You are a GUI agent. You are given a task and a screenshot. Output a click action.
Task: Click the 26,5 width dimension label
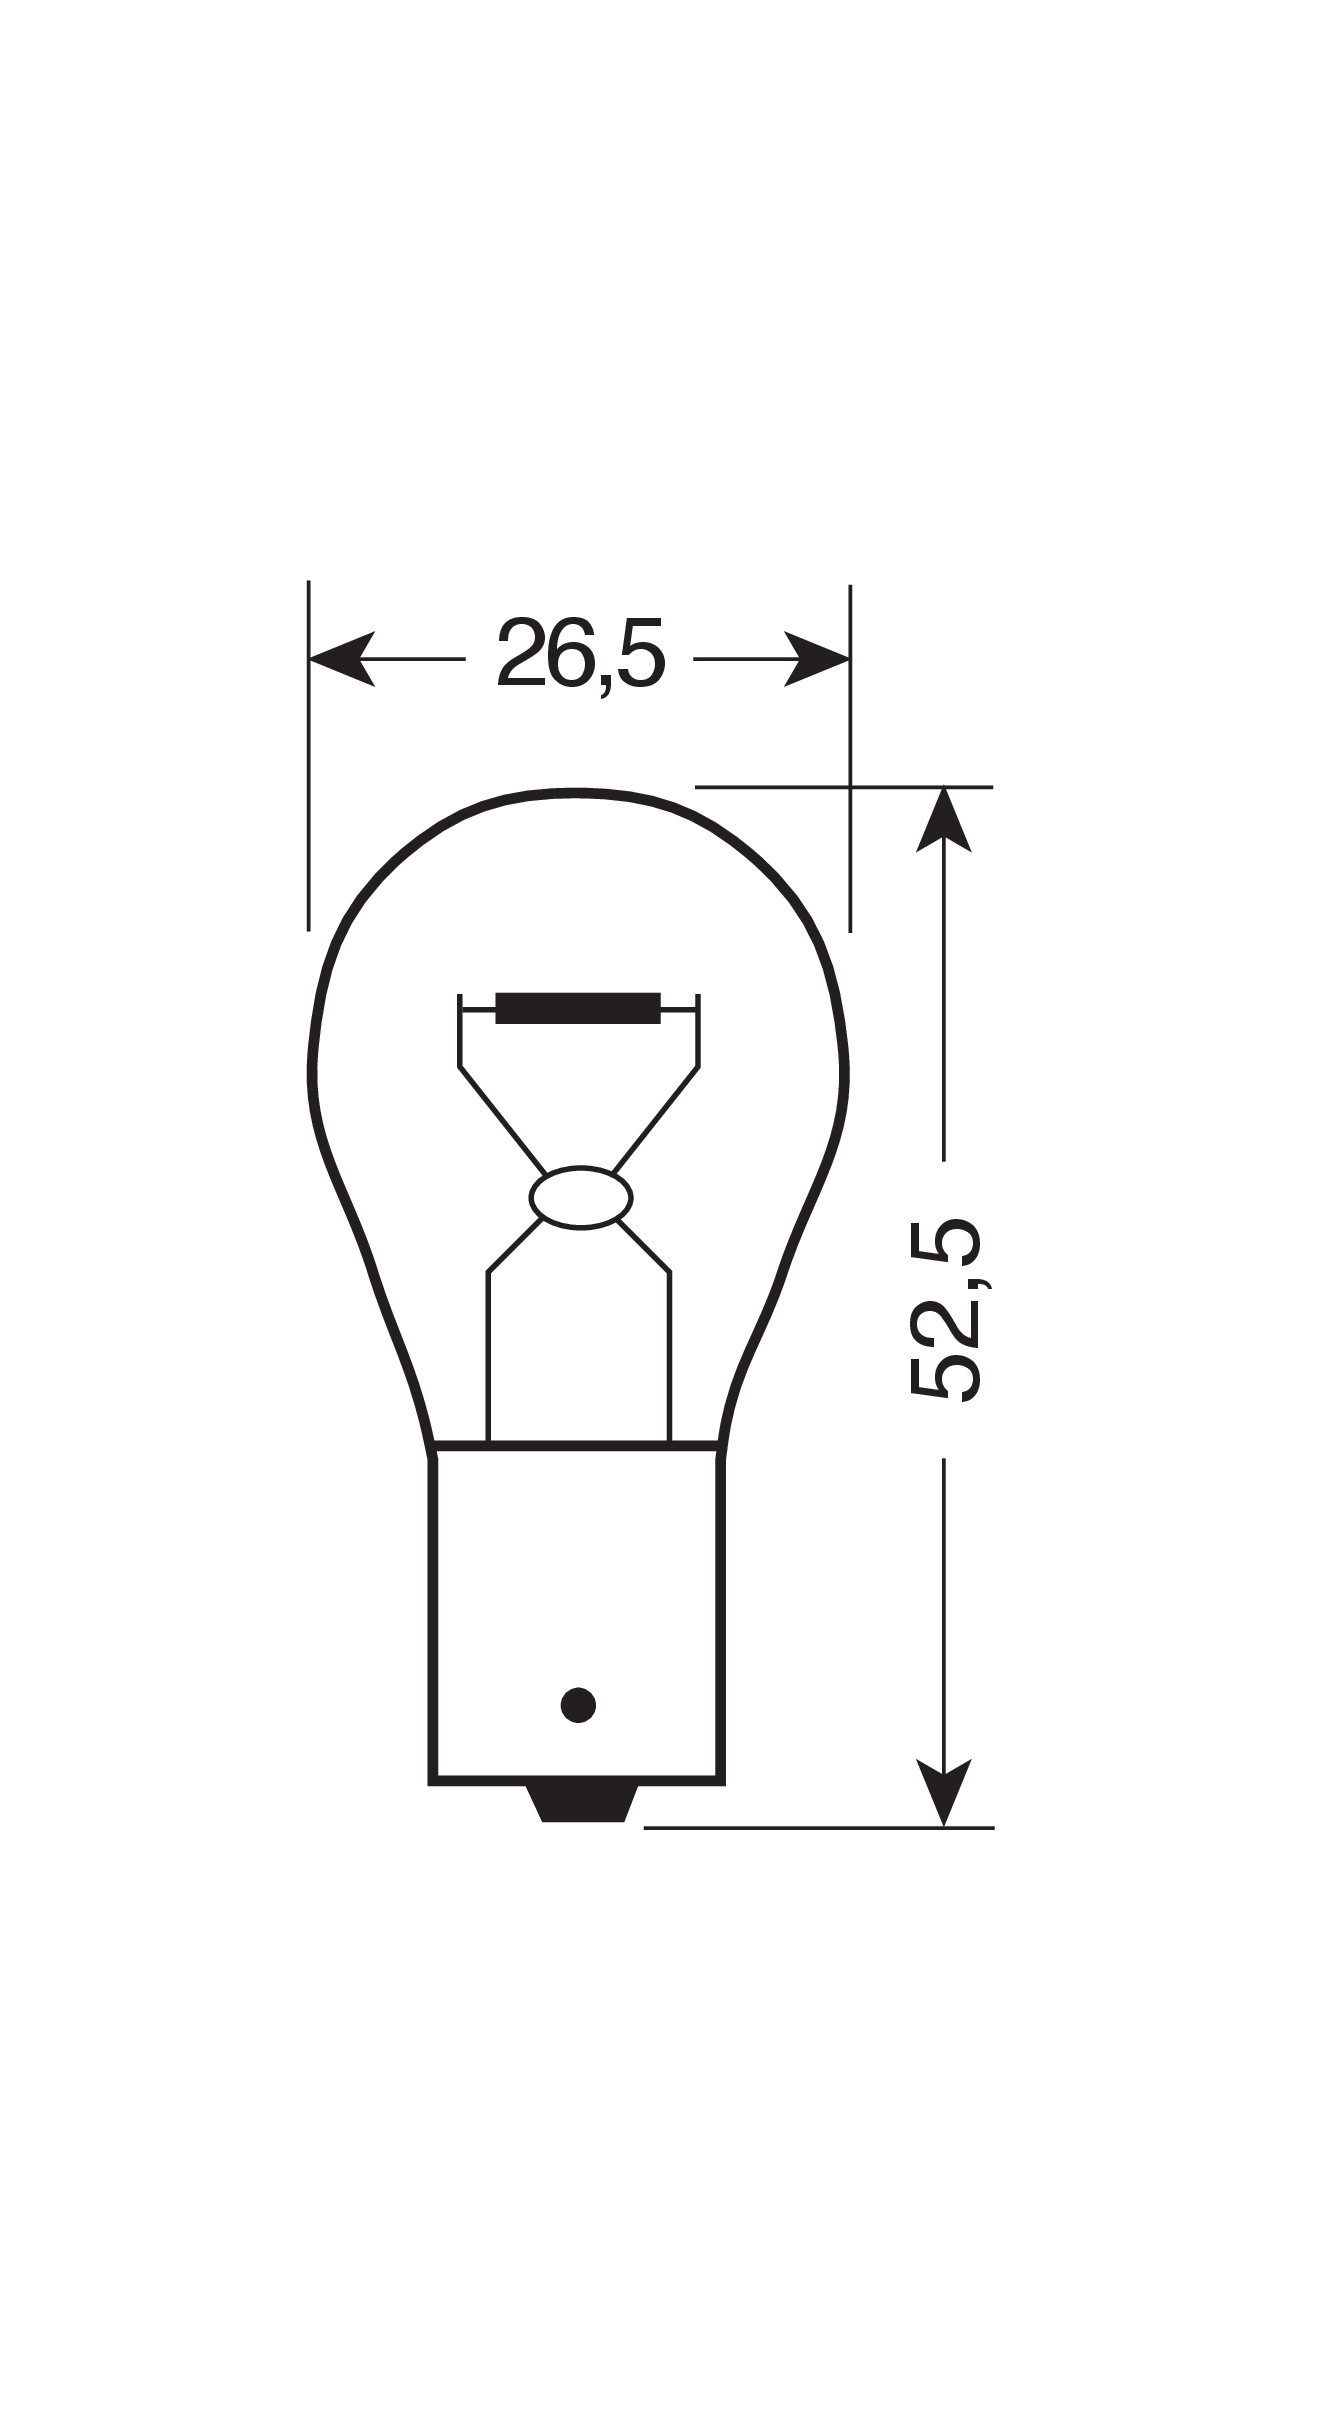point(579,657)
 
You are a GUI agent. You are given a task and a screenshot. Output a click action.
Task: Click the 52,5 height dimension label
point(945,1310)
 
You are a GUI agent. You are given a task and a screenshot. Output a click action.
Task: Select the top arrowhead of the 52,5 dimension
point(943,821)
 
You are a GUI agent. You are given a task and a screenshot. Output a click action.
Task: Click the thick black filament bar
point(578,1008)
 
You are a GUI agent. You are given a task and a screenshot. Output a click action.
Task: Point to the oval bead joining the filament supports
point(580,1196)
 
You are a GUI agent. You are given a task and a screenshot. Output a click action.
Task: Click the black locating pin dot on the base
point(579,1704)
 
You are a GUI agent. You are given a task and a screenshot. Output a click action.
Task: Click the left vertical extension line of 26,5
point(309,760)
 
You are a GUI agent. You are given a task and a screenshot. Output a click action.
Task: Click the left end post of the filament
point(460,1030)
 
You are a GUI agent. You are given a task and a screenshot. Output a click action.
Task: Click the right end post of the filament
point(699,1030)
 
